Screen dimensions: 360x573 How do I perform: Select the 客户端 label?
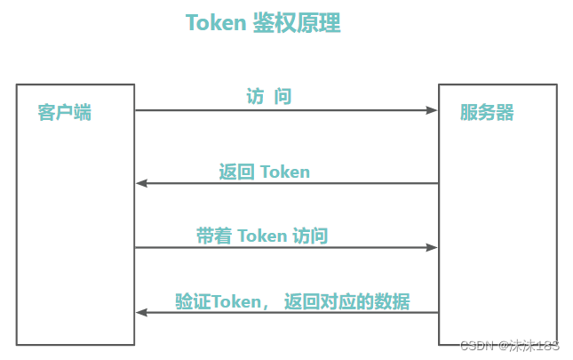coord(64,113)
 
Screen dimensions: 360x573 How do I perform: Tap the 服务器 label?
coord(487,113)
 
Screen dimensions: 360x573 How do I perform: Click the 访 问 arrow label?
coord(269,97)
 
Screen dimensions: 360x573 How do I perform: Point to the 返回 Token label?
coord(265,172)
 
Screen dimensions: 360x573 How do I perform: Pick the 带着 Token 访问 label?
coord(262,236)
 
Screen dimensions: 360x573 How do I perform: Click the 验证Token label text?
coord(219,301)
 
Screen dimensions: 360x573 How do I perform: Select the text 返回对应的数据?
coord(347,301)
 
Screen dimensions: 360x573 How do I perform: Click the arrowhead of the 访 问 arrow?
coord(432,111)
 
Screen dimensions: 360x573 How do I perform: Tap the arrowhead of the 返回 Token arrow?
coord(141,184)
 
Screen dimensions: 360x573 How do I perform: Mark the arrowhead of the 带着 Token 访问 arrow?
coord(432,248)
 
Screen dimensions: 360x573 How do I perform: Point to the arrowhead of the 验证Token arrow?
coord(141,313)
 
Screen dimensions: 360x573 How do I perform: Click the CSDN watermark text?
coord(477,346)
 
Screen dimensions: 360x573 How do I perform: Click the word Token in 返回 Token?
coord(284,172)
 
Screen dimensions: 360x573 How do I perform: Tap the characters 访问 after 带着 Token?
coord(310,236)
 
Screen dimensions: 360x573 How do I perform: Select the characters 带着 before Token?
coord(214,236)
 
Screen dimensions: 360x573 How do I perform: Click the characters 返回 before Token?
coord(237,172)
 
